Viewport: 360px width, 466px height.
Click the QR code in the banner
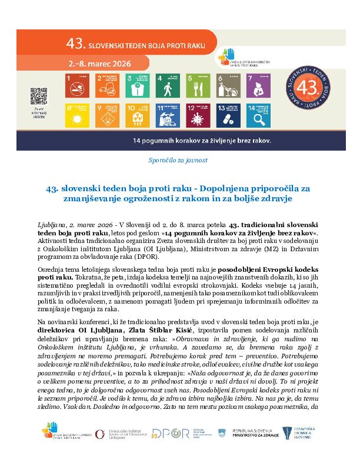click(38, 95)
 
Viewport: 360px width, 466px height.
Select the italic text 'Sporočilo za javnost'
click(178, 159)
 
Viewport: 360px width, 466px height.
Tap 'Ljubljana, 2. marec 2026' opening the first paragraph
click(75, 225)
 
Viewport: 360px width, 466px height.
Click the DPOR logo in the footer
click(166, 433)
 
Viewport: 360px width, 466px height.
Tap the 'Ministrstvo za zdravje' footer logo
click(250, 433)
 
